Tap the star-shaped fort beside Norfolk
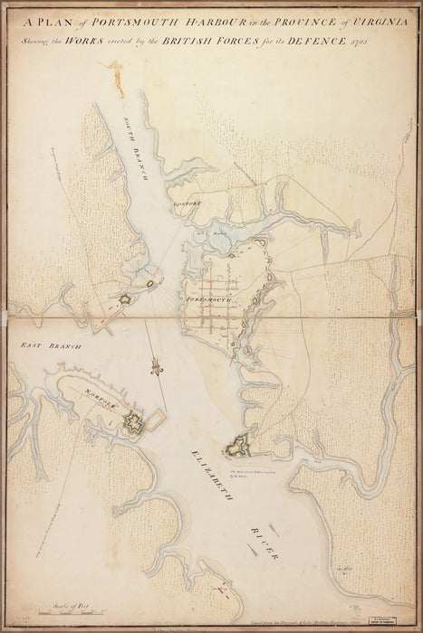click(135, 422)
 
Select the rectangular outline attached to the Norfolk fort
click(156, 418)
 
